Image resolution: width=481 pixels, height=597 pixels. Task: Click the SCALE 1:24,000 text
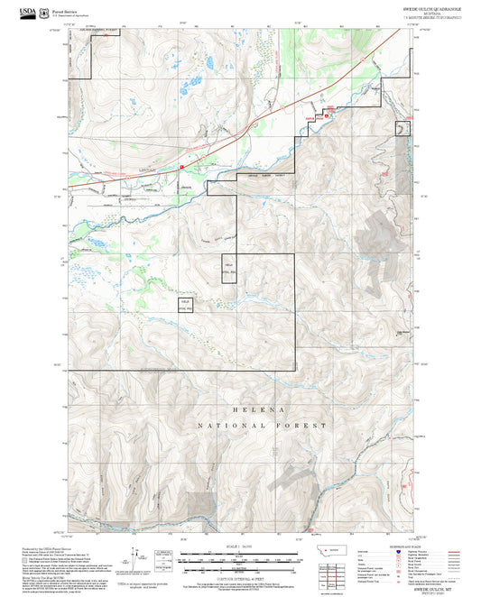click(x=240, y=546)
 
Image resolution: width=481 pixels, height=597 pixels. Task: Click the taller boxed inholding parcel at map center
click(x=228, y=270)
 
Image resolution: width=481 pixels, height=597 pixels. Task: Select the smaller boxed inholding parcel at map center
click(x=186, y=305)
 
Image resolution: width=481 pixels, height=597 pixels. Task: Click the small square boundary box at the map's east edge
click(x=403, y=130)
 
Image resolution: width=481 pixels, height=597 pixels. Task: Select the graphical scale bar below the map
click(x=240, y=556)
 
